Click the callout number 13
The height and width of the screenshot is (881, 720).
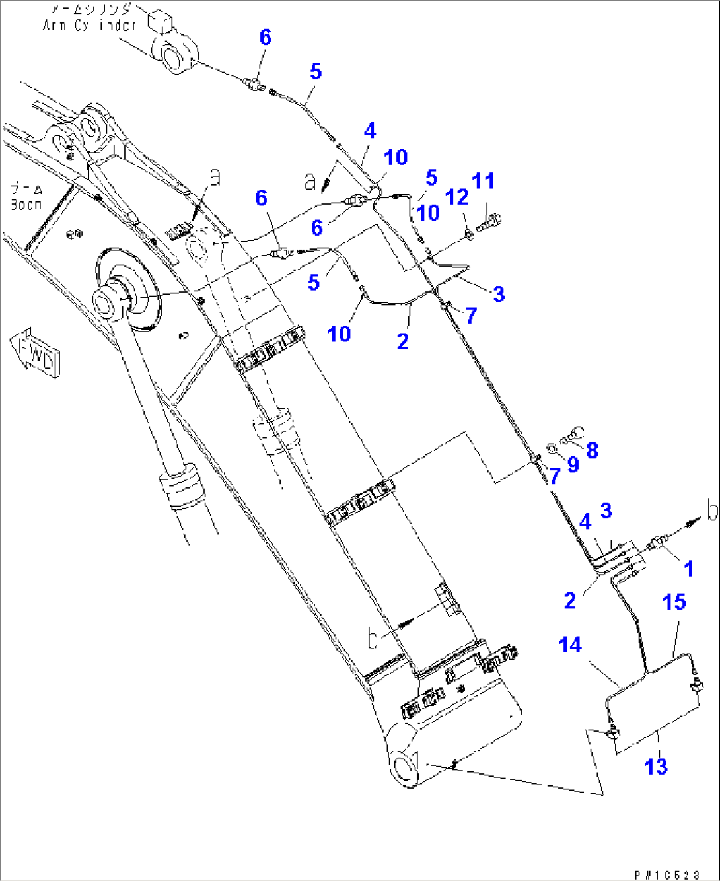coord(656,767)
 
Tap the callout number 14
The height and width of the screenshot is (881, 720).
coord(570,645)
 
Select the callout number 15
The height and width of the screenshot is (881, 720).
coord(674,602)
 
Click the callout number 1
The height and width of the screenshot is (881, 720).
coord(688,568)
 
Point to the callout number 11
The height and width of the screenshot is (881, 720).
coord(483,180)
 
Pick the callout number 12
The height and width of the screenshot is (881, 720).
coord(457,197)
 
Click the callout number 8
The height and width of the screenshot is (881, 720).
coord(592,450)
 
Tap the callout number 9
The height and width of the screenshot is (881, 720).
coord(573,465)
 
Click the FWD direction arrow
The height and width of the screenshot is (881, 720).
coord(35,351)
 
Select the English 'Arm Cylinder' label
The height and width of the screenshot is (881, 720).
coord(89,25)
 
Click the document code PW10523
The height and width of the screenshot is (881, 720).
coord(666,875)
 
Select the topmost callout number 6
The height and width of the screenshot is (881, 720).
coord(265,37)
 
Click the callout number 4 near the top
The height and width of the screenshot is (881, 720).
coord(369,131)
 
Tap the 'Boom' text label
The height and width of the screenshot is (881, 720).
coord(26,197)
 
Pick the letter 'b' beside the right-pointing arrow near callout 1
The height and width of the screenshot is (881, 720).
coord(711,511)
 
